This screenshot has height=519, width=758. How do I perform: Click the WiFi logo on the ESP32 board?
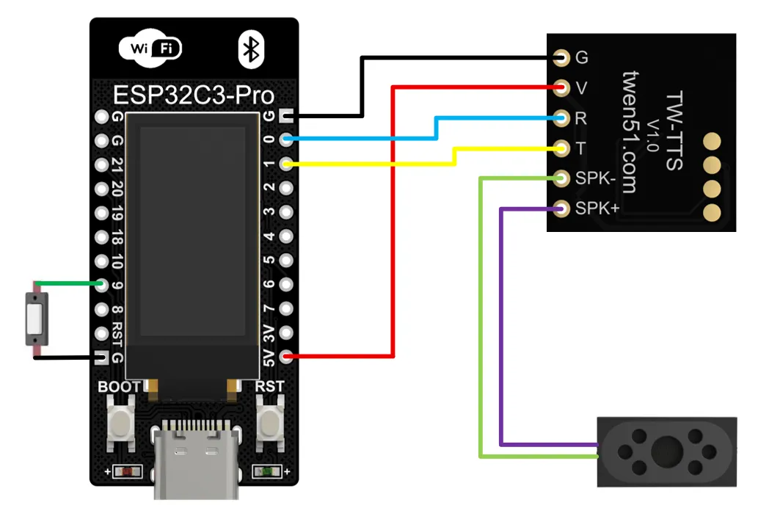tap(150, 49)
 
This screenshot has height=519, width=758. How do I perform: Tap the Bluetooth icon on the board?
tap(251, 49)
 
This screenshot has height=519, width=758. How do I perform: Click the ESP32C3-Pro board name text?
tap(194, 95)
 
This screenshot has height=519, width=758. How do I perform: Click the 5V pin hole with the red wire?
tap(285, 357)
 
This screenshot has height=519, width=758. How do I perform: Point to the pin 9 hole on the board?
tap(101, 285)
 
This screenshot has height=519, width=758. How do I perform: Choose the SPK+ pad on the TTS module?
tap(561, 208)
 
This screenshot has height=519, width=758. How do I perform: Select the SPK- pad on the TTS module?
tap(561, 178)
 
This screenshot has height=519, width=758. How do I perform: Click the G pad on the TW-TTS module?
tap(561, 57)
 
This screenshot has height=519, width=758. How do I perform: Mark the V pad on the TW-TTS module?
tap(561, 88)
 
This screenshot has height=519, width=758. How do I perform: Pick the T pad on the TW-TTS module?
tap(561, 148)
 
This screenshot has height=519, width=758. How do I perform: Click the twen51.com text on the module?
tap(629, 132)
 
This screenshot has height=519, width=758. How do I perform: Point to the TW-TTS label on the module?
tap(673, 132)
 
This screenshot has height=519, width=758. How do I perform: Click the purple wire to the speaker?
tap(501, 330)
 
